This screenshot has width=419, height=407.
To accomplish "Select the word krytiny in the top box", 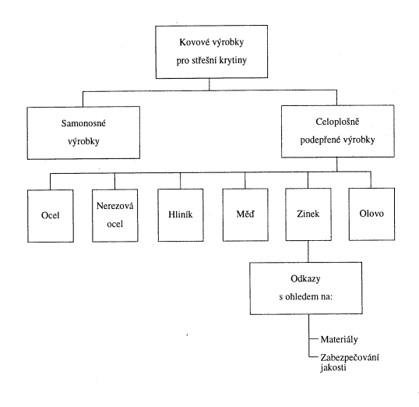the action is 233,61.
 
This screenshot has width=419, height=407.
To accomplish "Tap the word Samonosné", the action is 83,123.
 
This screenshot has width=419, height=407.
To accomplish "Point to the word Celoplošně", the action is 337,122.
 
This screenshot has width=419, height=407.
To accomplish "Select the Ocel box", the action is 51,216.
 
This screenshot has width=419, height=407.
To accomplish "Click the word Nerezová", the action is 115,206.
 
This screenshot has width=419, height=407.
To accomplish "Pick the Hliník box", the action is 181,215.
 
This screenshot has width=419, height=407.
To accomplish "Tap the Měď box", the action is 245,214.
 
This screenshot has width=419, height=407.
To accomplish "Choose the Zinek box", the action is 308,214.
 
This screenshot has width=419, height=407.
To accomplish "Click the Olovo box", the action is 371,214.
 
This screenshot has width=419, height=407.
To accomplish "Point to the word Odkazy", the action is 305,279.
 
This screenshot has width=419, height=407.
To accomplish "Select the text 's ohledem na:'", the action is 306,297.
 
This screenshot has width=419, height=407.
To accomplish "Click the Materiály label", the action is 339,340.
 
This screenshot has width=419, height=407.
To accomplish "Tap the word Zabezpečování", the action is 350,358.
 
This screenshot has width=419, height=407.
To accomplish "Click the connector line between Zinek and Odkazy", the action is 308,251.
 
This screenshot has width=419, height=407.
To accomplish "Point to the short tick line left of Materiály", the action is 315,338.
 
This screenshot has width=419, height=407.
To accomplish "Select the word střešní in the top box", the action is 204,60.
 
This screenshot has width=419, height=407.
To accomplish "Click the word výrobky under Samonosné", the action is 83,142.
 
